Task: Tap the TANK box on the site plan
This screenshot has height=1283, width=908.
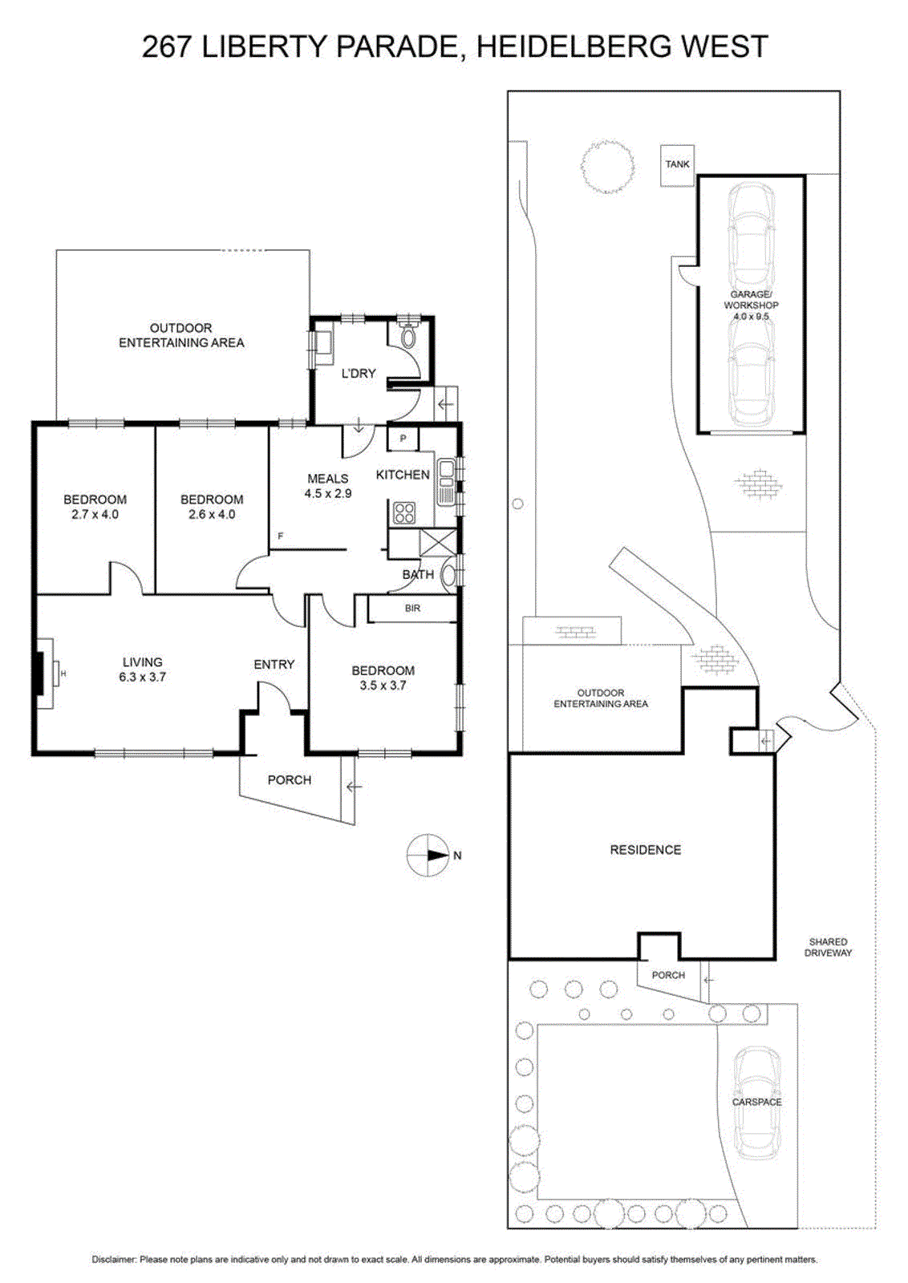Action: [678, 165]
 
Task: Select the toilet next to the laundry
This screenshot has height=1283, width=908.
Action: [408, 336]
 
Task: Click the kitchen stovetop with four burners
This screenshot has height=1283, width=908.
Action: [404, 512]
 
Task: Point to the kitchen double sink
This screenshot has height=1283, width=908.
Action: [445, 482]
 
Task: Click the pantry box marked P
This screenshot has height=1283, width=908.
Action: [403, 439]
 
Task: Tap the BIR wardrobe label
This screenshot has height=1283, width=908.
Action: [412, 609]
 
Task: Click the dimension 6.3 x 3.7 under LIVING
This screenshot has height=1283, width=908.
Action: [142, 677]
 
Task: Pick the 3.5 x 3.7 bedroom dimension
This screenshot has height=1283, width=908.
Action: [383, 685]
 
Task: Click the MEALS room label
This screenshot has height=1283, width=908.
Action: [328, 479]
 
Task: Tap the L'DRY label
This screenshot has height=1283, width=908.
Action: [359, 374]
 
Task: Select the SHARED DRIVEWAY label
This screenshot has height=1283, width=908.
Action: [828, 947]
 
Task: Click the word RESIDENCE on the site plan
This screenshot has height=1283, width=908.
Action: [645, 850]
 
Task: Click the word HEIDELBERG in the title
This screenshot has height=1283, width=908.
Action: [574, 47]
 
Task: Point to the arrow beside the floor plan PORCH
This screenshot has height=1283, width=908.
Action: [354, 787]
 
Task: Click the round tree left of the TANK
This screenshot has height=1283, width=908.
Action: [606, 167]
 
